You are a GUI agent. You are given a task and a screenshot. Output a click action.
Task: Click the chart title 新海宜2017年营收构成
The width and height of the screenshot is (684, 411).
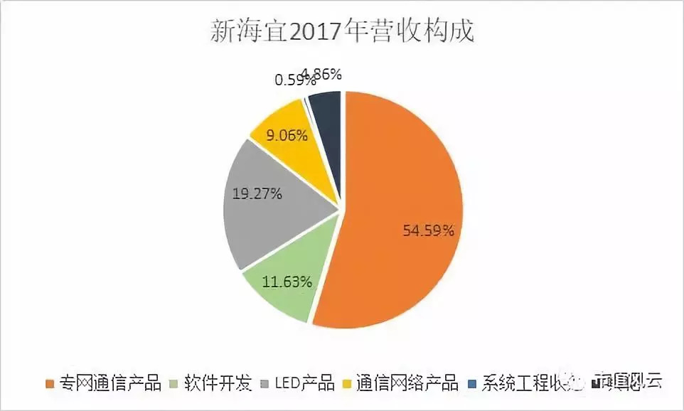coord(342,31)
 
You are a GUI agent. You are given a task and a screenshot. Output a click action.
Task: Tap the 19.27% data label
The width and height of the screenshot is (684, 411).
coord(257,193)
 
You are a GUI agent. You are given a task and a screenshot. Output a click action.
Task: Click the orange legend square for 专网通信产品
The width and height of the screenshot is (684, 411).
coord(50,385)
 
